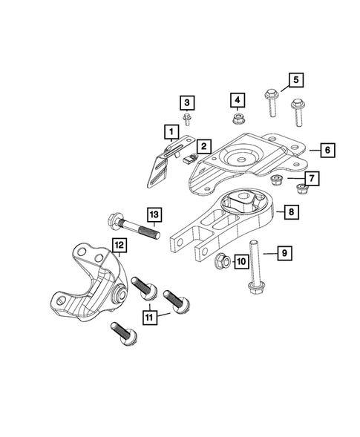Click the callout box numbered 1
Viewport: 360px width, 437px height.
pos(171,133)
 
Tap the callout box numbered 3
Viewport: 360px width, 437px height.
pos(187,102)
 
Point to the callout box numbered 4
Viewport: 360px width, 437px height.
pos(237,99)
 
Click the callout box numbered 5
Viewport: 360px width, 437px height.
pos(294,79)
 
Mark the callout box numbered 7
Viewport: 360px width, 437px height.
pos(312,179)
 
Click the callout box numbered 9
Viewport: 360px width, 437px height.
pos(283,254)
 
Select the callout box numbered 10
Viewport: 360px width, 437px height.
pos(240,260)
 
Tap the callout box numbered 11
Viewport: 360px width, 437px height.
pos(151,318)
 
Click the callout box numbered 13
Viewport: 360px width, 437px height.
pos(153,214)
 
